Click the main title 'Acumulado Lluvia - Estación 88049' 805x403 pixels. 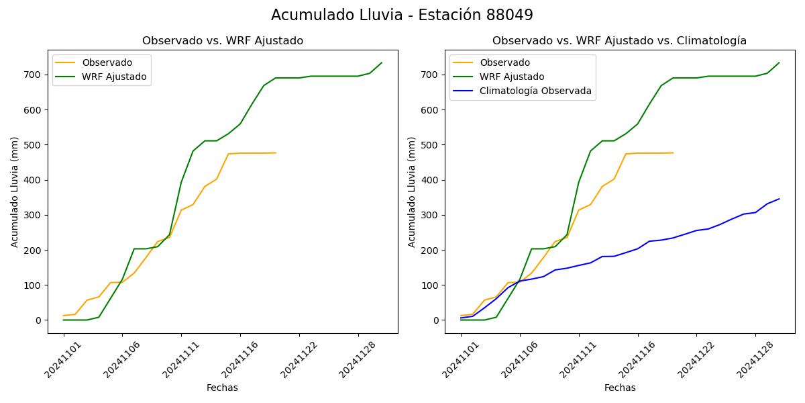click(402, 15)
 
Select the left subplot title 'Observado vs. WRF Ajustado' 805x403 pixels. click(223, 41)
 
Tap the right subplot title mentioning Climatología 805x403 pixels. click(619, 41)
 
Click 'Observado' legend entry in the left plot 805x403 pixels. click(107, 63)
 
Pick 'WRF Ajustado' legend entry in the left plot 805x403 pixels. click(114, 77)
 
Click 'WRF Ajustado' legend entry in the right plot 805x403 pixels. click(511, 77)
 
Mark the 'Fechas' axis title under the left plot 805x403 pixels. click(222, 388)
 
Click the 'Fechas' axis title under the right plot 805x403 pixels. click(620, 388)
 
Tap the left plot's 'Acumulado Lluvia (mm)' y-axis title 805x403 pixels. click(15, 191)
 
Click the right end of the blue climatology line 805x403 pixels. click(779, 199)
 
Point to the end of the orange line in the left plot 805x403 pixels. click(276, 152)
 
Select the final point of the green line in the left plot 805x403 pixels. click(382, 63)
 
